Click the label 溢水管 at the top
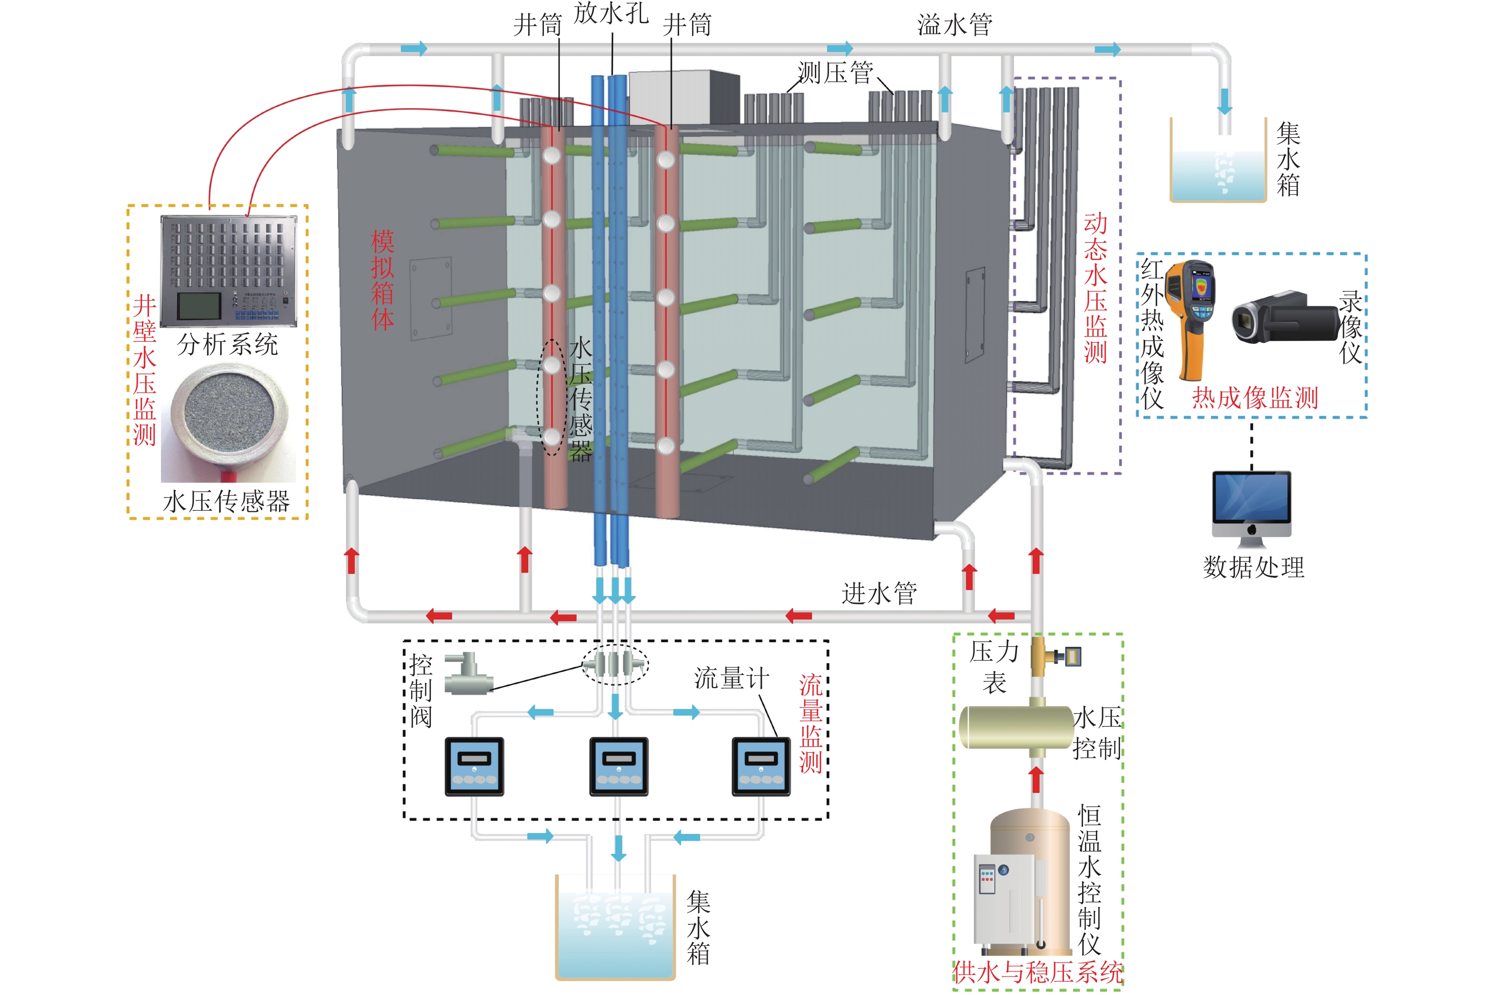(954, 25)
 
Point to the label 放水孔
(610, 14)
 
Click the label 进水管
(879, 593)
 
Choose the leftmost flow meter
(474, 766)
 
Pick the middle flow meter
(618, 766)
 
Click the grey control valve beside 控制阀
(468, 675)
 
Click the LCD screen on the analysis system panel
(198, 306)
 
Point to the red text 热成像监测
(1254, 398)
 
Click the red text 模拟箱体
(383, 280)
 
